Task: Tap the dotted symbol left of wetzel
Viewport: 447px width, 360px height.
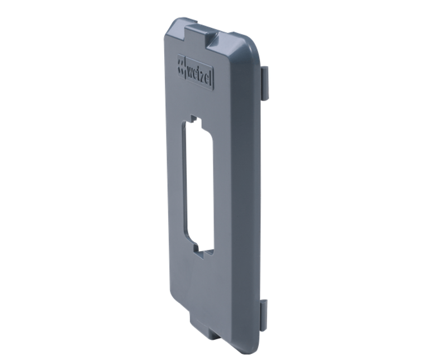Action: (x=181, y=66)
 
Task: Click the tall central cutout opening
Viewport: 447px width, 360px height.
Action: (x=199, y=185)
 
